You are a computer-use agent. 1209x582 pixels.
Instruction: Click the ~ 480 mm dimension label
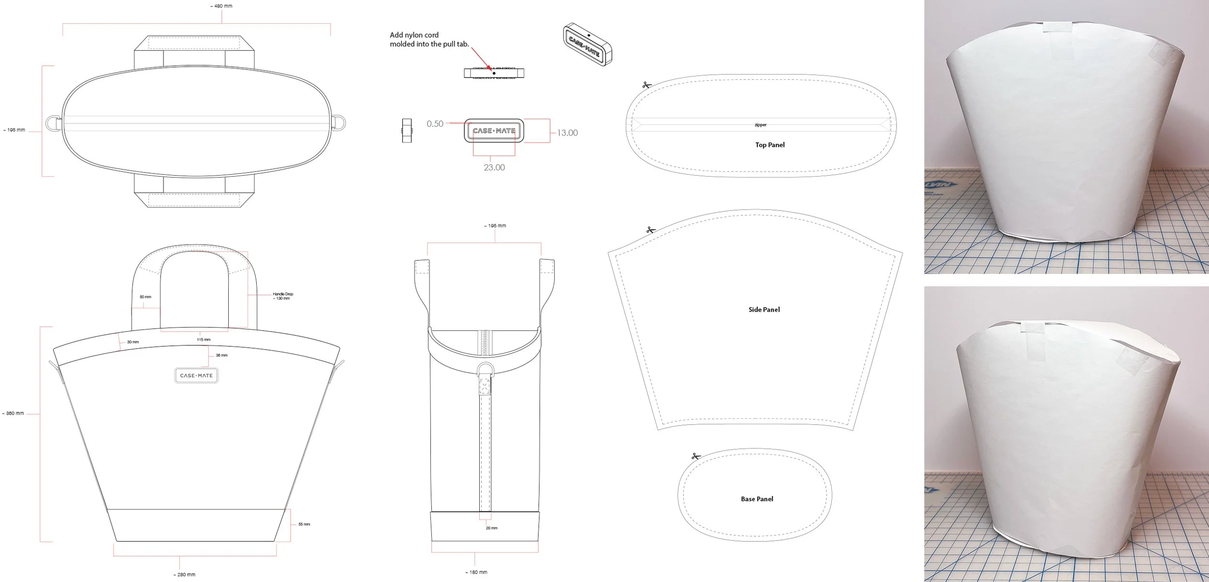(221, 6)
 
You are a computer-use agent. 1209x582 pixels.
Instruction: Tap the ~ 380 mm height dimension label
(14, 413)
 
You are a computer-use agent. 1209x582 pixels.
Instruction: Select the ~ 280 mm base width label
(184, 575)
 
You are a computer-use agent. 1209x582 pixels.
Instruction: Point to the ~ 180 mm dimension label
(476, 572)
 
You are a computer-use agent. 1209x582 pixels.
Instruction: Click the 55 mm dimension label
(304, 524)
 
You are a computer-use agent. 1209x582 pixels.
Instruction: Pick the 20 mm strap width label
(491, 528)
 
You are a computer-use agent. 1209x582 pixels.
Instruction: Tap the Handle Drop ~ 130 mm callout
(283, 296)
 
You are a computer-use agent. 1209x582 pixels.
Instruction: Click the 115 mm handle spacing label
(204, 340)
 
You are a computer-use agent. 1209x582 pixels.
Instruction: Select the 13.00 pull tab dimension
(567, 133)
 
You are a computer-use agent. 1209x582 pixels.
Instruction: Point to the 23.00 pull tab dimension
(494, 168)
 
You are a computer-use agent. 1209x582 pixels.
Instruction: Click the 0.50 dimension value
(435, 124)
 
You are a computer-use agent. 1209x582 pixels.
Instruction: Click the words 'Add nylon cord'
(414, 35)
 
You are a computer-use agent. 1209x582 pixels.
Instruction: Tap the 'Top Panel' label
(770, 145)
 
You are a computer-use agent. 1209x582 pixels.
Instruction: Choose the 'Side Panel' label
(764, 310)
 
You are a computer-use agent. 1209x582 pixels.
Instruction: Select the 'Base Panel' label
(757, 499)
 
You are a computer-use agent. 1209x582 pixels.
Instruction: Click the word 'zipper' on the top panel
(761, 125)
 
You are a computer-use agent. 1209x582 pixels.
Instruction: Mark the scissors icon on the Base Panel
(696, 456)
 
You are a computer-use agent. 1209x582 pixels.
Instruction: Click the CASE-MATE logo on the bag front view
(196, 375)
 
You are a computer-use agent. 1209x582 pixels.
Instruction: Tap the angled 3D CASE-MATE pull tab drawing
(587, 45)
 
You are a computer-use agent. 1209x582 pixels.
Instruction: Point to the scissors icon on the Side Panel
(651, 230)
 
